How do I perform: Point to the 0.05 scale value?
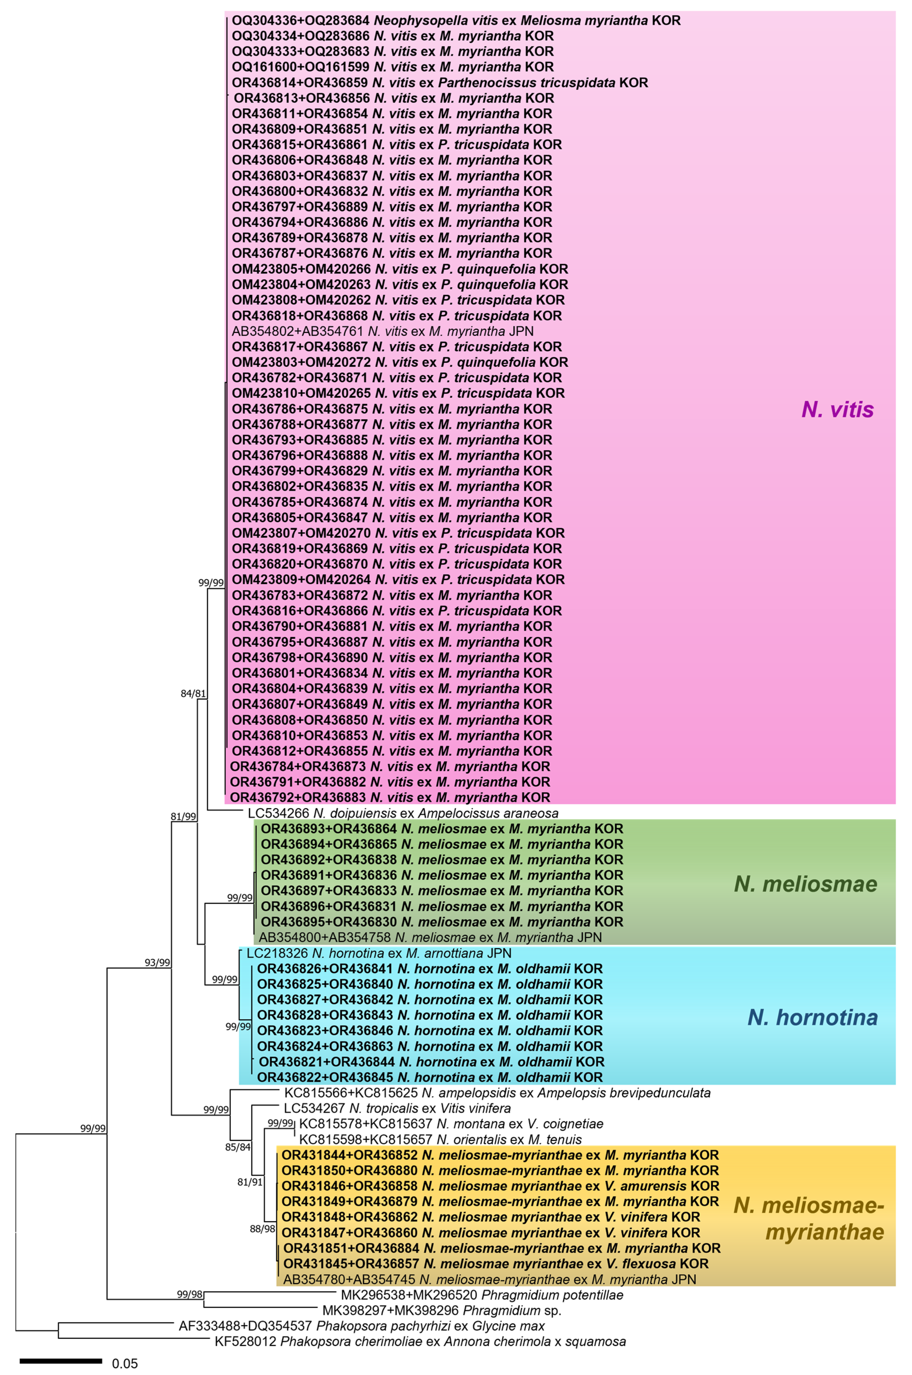(x=125, y=1363)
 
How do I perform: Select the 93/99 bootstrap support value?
(x=157, y=962)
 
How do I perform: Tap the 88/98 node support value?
(x=262, y=1229)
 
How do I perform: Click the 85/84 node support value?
(x=238, y=1147)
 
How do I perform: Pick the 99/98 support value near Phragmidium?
(x=190, y=1294)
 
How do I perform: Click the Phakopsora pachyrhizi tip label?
(x=361, y=1326)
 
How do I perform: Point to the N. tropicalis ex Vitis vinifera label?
(x=397, y=1109)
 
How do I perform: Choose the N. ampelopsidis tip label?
(x=497, y=1093)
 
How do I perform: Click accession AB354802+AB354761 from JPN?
(x=382, y=331)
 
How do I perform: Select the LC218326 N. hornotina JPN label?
(x=379, y=953)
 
